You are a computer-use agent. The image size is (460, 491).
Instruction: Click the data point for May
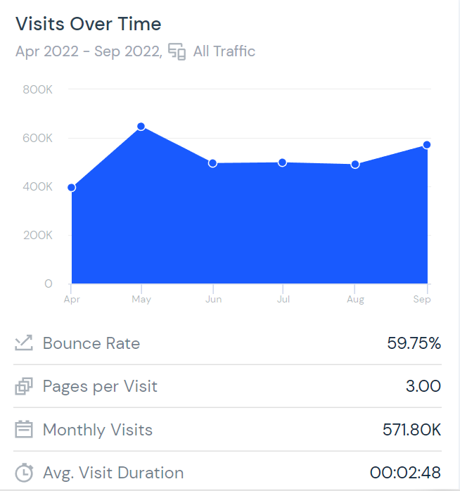[x=141, y=127]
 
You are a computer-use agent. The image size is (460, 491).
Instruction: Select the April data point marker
[x=71, y=188]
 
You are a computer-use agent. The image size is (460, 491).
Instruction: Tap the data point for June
[x=212, y=163]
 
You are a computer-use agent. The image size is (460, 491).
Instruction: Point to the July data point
[x=282, y=162]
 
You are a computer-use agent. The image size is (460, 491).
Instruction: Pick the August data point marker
[x=355, y=165]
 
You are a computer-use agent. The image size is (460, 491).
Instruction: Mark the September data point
[x=426, y=145]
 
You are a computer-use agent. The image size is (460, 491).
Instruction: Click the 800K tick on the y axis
[x=38, y=89]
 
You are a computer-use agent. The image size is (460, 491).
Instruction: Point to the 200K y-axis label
[x=38, y=235]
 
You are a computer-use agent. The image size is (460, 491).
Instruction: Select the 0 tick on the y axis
[x=48, y=283]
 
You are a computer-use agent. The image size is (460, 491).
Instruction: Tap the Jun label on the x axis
[x=213, y=300]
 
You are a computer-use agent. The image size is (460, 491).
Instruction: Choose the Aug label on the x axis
[x=355, y=300]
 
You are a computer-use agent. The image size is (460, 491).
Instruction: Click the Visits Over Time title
[x=89, y=24]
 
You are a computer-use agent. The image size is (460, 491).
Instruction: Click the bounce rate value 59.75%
[x=414, y=343]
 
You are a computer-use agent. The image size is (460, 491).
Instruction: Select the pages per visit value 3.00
[x=423, y=386]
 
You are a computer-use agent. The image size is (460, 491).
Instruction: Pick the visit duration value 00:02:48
[x=405, y=473]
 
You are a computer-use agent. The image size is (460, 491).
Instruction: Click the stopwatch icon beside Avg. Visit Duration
[x=24, y=473]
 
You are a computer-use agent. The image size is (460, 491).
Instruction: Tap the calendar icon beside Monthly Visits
[x=24, y=430]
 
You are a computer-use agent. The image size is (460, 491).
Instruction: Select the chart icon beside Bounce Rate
[x=24, y=343]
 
